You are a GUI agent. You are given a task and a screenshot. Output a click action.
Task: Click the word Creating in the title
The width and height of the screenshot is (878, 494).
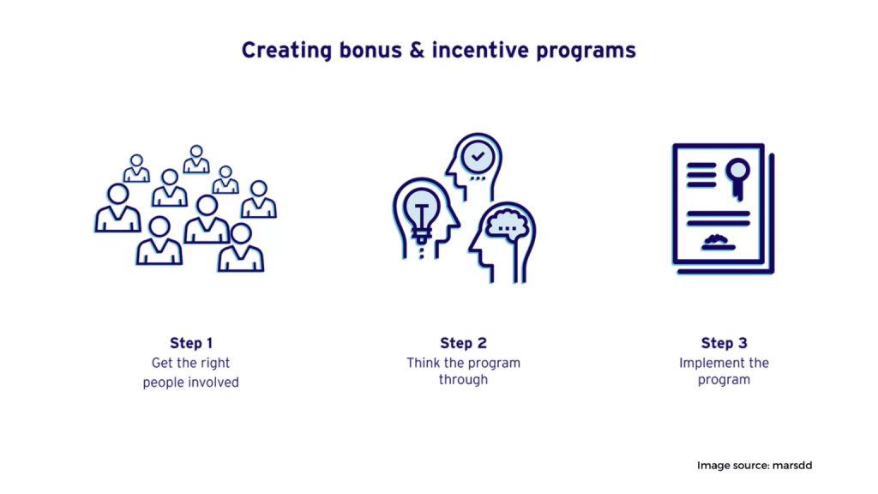pyautogui.click(x=286, y=51)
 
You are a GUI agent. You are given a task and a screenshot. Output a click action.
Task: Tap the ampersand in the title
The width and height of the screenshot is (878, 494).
pyautogui.click(x=417, y=50)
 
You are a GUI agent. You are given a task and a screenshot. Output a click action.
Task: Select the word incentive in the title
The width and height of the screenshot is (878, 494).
pyautogui.click(x=480, y=50)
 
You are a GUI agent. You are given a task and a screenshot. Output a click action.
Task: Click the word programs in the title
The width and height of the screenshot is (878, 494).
pyautogui.click(x=586, y=51)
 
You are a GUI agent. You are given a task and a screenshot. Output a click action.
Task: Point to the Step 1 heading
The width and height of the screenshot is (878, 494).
pyautogui.click(x=191, y=343)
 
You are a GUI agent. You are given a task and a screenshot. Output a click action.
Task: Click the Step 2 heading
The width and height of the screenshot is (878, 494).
pyautogui.click(x=463, y=343)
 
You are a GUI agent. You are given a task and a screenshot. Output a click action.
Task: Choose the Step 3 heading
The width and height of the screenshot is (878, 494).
pyautogui.click(x=724, y=343)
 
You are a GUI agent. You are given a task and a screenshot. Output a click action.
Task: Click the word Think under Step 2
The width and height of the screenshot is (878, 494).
pyautogui.click(x=424, y=363)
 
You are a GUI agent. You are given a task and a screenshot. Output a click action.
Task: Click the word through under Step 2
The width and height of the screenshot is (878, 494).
pyautogui.click(x=463, y=380)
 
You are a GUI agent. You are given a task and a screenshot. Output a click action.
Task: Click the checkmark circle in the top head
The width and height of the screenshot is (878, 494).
pyautogui.click(x=478, y=157)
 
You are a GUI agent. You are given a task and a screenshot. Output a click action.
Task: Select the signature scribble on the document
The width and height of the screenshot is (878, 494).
pyautogui.click(x=719, y=242)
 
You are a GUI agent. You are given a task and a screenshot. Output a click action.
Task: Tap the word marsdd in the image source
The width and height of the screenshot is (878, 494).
pyautogui.click(x=792, y=466)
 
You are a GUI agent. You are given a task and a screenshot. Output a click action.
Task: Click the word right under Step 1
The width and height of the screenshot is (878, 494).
pyautogui.click(x=214, y=364)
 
